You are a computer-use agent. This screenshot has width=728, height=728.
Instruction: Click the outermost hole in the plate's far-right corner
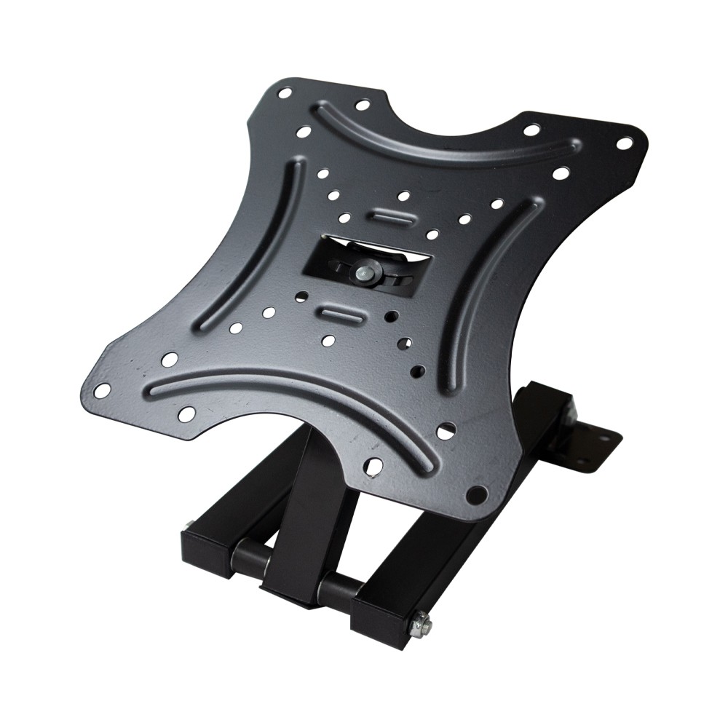624,143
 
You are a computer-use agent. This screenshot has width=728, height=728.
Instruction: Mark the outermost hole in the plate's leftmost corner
103,392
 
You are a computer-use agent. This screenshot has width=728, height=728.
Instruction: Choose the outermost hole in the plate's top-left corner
285,94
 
